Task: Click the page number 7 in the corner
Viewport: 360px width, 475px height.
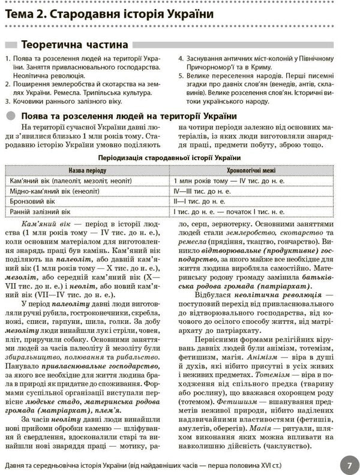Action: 347,464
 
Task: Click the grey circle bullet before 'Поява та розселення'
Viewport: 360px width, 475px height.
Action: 11,116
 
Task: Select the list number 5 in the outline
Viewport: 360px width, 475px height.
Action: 181,77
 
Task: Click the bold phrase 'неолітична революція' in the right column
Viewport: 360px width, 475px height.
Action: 278,295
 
